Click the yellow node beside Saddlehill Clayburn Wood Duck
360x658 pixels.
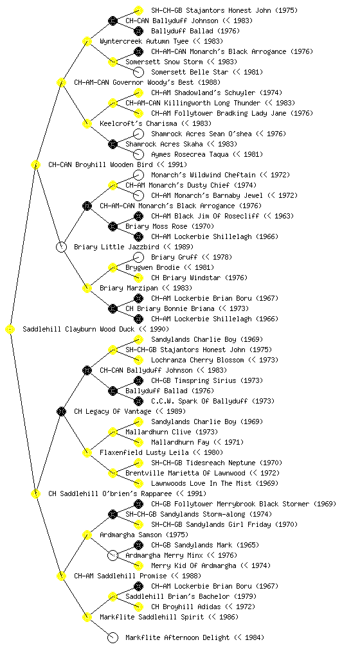tap(10, 330)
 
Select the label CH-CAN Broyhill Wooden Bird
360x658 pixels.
tap(100, 165)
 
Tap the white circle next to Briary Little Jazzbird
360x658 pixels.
tap(61, 247)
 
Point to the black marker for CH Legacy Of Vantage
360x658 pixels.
tap(61, 412)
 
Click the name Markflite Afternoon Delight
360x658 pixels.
tap(177, 638)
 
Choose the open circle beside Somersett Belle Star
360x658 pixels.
tap(138, 72)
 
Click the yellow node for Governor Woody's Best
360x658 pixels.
tap(61, 83)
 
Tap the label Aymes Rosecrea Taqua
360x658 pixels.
tap(190, 154)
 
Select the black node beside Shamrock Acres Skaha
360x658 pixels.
tap(113, 145)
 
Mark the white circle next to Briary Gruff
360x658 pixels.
tap(138, 257)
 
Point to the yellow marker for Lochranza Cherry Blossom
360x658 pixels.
tap(138, 360)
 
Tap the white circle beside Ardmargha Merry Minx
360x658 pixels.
tap(113, 556)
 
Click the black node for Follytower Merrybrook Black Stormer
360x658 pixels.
tap(138, 504)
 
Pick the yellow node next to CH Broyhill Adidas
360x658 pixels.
tap(138, 607)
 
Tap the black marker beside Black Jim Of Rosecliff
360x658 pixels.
tap(138, 216)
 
